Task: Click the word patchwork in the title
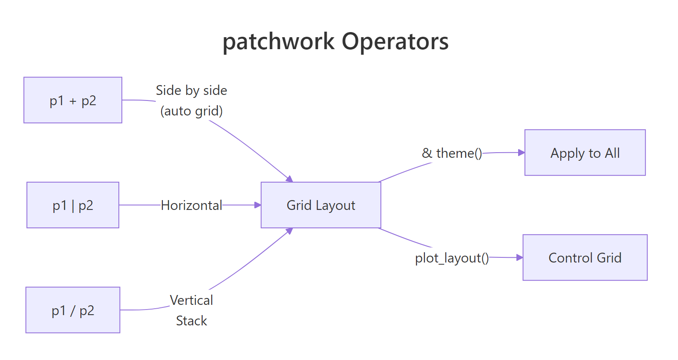tap(278, 42)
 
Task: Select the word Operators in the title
tap(395, 42)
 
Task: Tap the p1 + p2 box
tap(73, 100)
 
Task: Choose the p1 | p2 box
tap(73, 205)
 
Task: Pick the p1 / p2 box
tap(73, 310)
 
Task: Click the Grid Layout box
tap(321, 205)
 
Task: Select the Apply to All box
tap(585, 153)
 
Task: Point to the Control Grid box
tap(585, 257)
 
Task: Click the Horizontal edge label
tap(191, 205)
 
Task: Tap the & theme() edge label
tap(452, 153)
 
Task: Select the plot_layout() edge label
tap(452, 258)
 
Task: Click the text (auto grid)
tap(191, 111)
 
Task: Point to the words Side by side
tap(191, 90)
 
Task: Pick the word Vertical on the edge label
tap(191, 300)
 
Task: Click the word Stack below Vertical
tap(191, 321)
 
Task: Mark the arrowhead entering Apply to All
tap(521, 152)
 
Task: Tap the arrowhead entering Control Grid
tap(519, 257)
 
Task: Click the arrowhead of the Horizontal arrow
tap(257, 205)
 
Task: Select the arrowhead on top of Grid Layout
tap(290, 179)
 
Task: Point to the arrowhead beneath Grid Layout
tap(290, 231)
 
